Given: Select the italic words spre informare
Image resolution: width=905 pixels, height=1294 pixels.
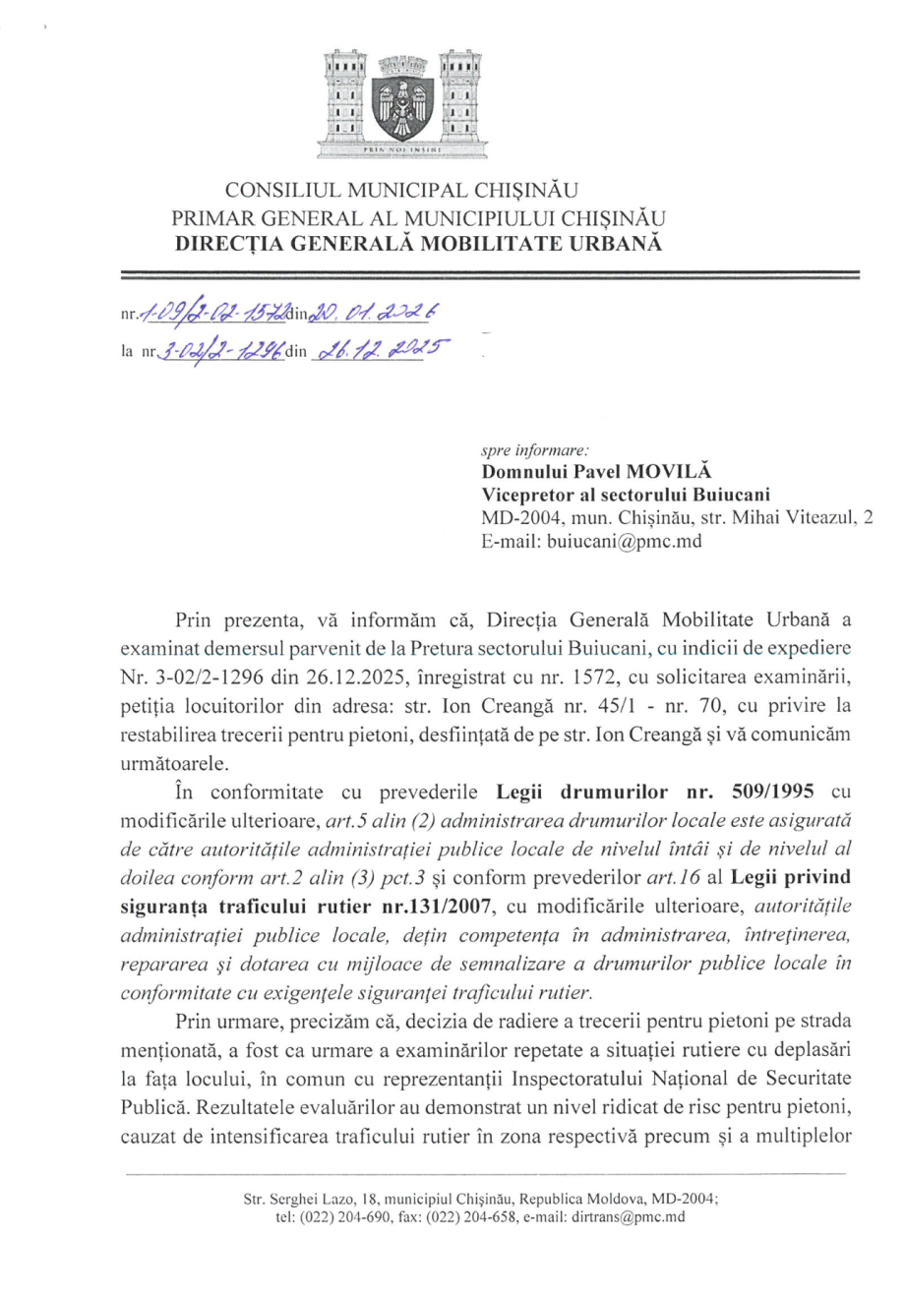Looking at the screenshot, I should coord(534,451).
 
